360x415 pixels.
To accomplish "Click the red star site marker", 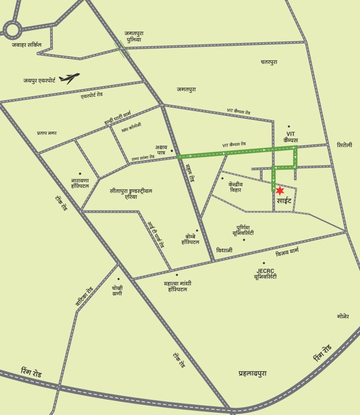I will pos(280,191).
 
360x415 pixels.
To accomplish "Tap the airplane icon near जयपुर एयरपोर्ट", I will pos(69,78).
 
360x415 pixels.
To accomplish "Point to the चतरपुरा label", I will pos(269,63).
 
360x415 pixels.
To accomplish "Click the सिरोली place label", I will pos(344,145).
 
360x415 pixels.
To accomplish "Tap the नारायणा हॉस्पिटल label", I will pos(80,182).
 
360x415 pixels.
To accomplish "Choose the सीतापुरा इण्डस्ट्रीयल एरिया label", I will pos(132,194).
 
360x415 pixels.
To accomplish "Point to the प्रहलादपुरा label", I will pos(252,373).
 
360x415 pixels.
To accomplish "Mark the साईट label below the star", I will pos(284,202).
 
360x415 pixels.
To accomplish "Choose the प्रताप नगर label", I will pos(47,133).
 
